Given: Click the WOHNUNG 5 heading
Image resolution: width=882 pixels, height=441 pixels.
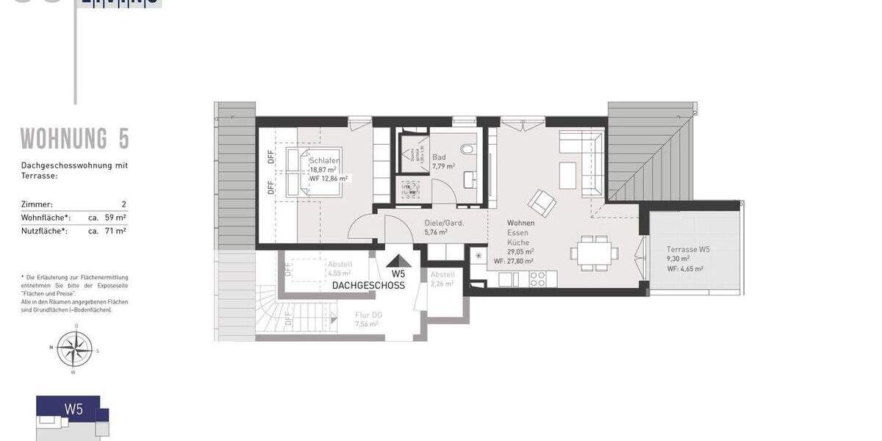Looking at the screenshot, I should pyautogui.click(x=74, y=138).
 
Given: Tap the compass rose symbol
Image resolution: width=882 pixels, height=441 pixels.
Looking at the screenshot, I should pyautogui.click(x=74, y=348).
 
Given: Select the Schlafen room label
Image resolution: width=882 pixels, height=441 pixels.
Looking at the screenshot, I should pyautogui.click(x=324, y=160).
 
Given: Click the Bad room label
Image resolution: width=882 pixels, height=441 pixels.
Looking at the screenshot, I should pyautogui.click(x=439, y=157).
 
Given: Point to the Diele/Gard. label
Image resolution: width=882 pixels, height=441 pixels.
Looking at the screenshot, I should pyautogui.click(x=444, y=223).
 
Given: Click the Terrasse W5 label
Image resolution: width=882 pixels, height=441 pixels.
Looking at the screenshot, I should pyautogui.click(x=688, y=249).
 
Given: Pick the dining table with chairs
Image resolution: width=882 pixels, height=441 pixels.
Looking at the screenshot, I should pyautogui.click(x=592, y=251).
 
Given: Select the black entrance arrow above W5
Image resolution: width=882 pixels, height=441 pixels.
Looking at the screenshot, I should pyautogui.click(x=398, y=261).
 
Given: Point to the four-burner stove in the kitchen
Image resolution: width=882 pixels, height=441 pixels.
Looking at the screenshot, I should pyautogui.click(x=537, y=279).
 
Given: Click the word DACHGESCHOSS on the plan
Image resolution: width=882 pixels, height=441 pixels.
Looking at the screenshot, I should pyautogui.click(x=368, y=285).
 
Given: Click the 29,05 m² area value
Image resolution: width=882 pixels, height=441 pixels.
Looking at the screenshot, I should pyautogui.click(x=520, y=251).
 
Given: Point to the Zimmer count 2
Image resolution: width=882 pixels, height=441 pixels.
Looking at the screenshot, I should pyautogui.click(x=124, y=204).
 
